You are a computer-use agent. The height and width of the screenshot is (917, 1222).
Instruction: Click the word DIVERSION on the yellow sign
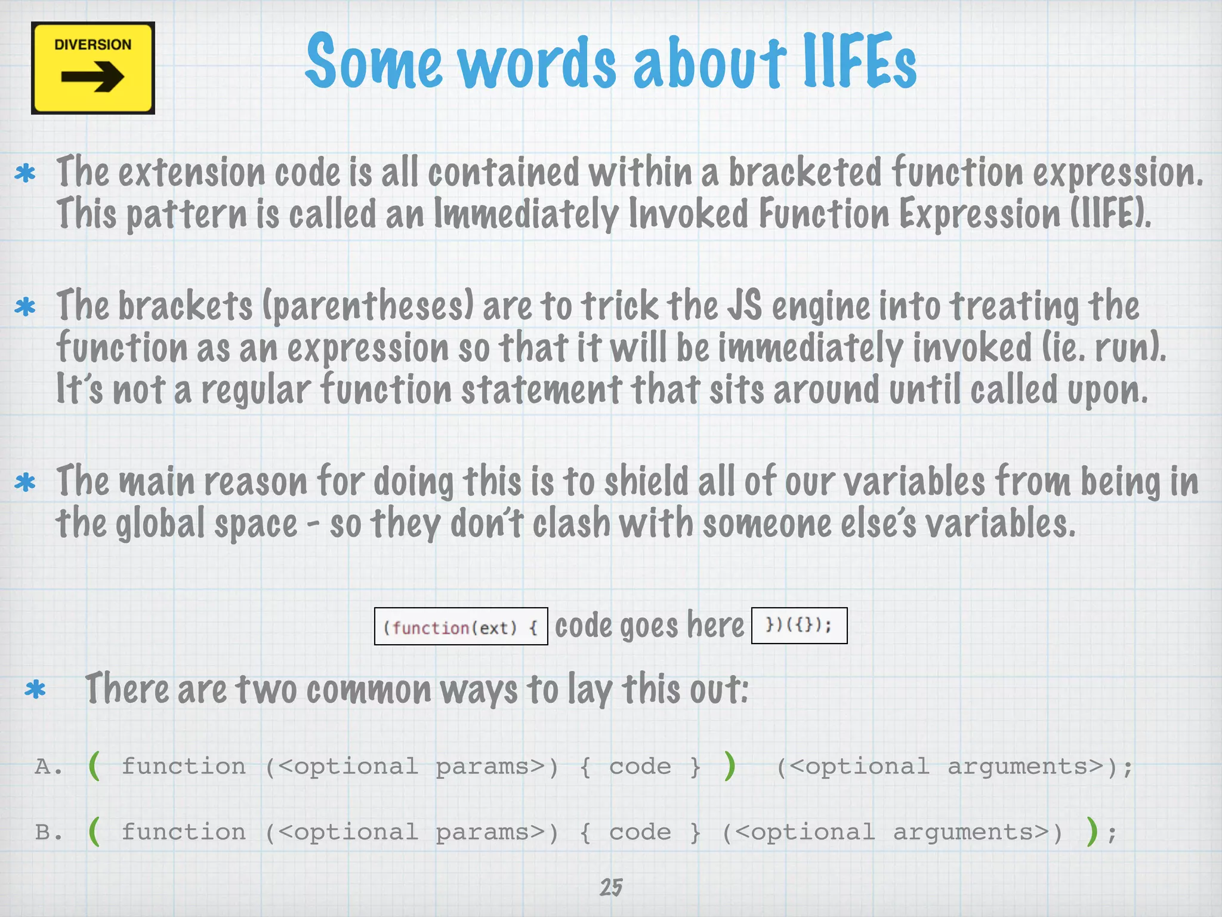click(92, 45)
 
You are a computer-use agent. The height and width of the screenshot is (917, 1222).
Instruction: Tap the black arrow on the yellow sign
click(92, 77)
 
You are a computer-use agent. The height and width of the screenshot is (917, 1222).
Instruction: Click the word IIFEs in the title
click(859, 61)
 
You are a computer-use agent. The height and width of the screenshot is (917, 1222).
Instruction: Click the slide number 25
click(611, 888)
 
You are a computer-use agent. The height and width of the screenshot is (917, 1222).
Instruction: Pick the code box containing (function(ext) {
click(461, 627)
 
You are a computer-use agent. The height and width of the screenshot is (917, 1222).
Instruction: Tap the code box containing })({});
click(799, 625)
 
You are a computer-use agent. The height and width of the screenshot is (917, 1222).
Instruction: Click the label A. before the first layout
click(48, 767)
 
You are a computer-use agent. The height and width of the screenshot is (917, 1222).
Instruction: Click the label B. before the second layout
click(48, 832)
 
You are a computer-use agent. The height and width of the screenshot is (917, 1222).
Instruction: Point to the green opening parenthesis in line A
click(94, 766)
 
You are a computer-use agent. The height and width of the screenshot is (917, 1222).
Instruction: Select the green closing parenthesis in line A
click(729, 766)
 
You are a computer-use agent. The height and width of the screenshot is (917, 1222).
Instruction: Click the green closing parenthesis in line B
click(1092, 832)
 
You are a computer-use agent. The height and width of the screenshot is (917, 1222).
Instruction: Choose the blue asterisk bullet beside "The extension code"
click(25, 174)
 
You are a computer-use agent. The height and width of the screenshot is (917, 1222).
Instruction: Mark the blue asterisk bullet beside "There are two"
click(35, 690)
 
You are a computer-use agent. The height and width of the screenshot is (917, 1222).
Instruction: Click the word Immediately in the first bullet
click(526, 214)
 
